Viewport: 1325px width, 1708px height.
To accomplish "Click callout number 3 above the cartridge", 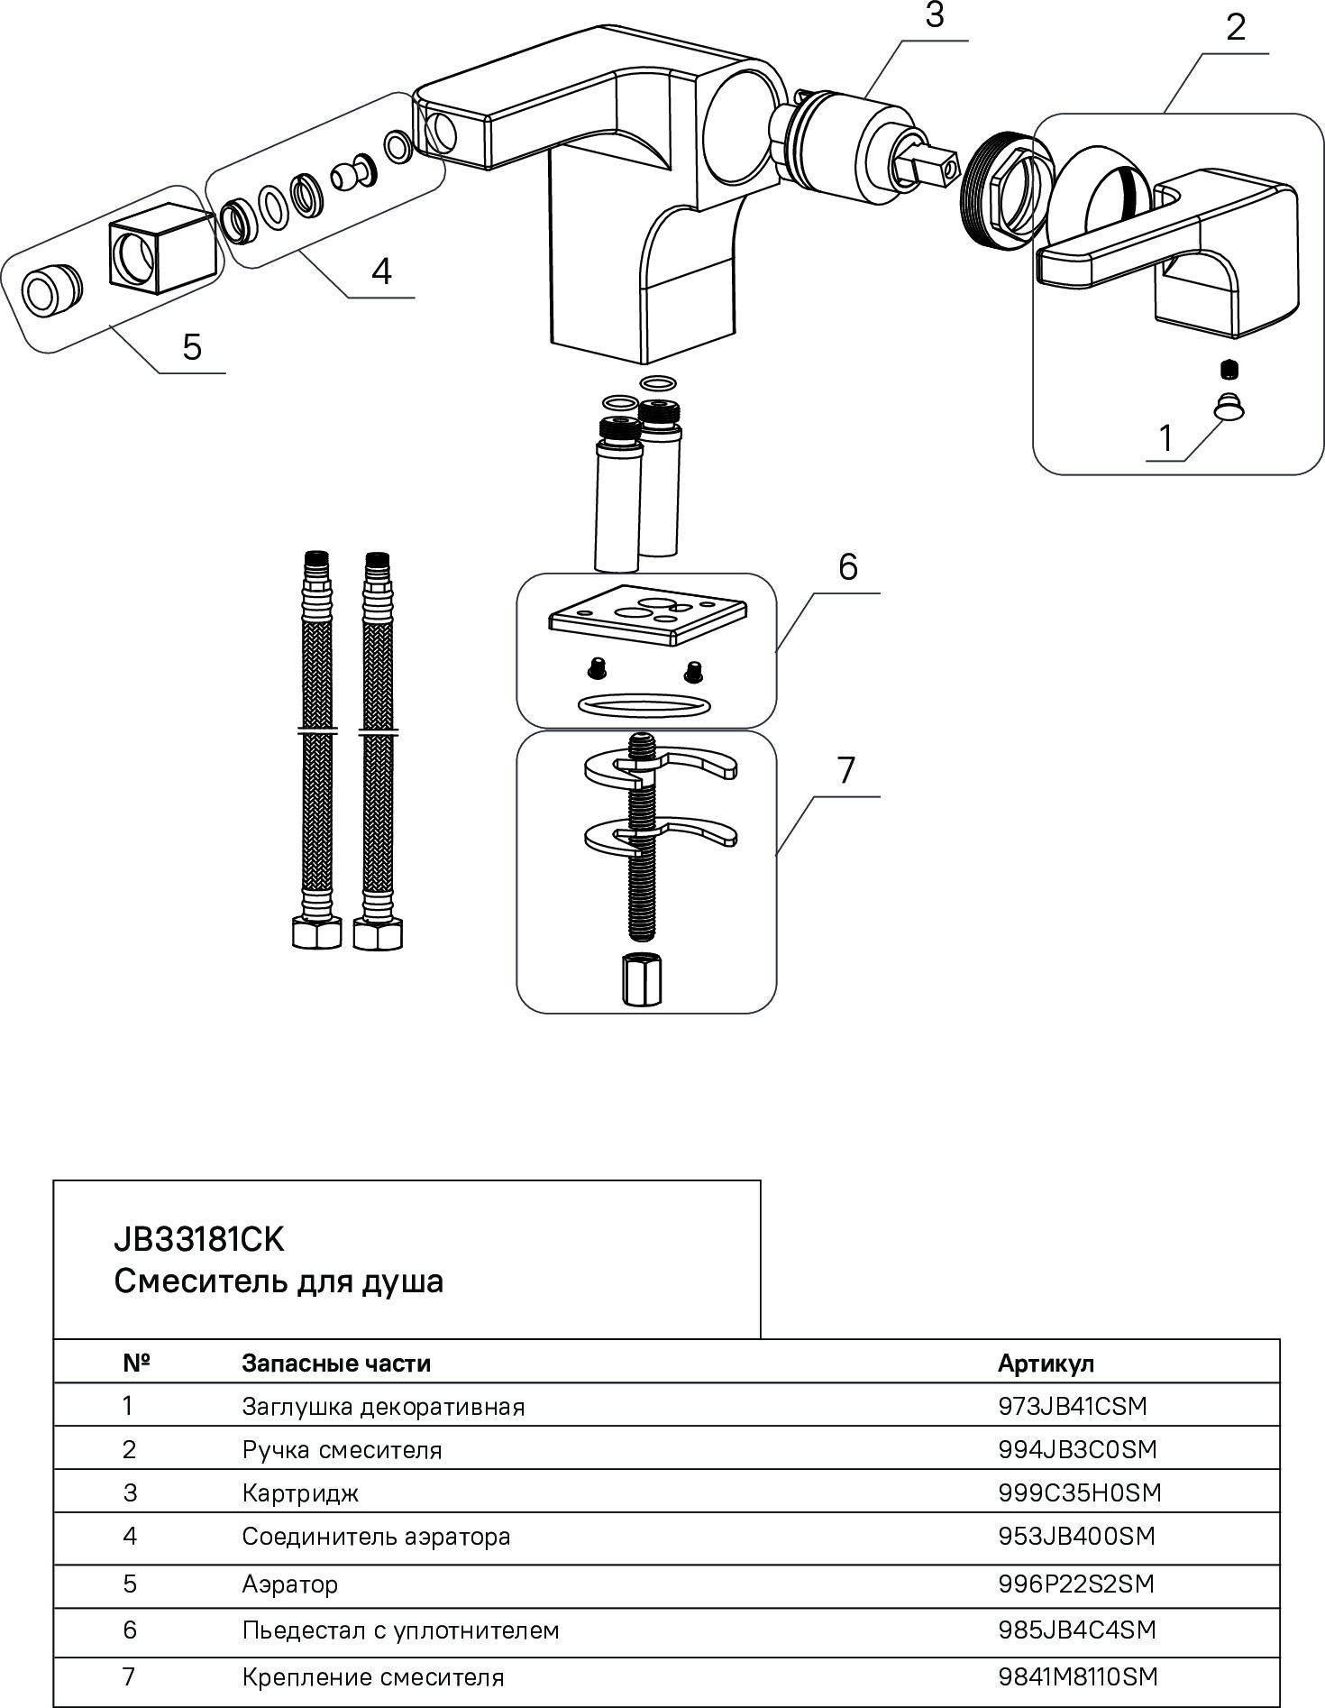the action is tap(935, 15).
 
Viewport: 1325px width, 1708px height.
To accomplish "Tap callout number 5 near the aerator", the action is tap(192, 346).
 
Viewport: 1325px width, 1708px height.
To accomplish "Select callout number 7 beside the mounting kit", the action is tap(845, 771).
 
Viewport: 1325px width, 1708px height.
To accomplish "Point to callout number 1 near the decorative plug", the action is tap(1165, 438).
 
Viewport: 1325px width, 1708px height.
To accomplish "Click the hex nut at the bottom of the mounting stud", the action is tap(639, 982).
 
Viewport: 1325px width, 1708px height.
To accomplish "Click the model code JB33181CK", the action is tap(198, 1241).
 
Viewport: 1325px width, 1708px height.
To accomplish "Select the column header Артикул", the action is tap(1046, 1363).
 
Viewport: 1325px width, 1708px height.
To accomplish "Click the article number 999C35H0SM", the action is tap(1080, 1492).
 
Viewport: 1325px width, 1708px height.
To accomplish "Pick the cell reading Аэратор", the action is tap(289, 1584).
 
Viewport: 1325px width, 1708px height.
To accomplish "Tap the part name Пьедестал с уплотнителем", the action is tap(400, 1630).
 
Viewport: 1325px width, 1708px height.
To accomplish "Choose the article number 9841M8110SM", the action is tap(1077, 1676).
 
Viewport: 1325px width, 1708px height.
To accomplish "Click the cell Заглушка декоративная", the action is tap(383, 1407).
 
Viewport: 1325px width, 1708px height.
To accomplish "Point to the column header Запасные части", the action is tap(336, 1363).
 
